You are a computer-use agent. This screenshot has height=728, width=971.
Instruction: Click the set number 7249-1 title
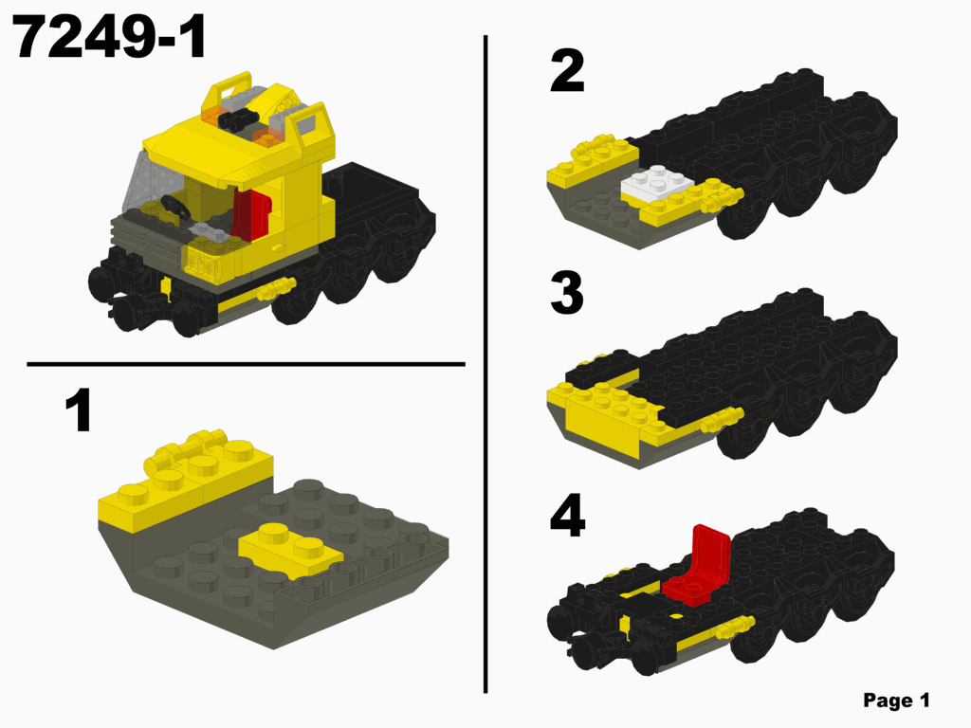coord(111,39)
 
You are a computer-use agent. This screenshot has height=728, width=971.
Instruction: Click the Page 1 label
coord(896,701)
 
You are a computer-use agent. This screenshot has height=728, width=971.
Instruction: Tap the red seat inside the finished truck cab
coord(251,213)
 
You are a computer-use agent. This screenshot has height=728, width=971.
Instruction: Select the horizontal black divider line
coord(246,363)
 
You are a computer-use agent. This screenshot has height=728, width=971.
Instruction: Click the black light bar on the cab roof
coord(242,118)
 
